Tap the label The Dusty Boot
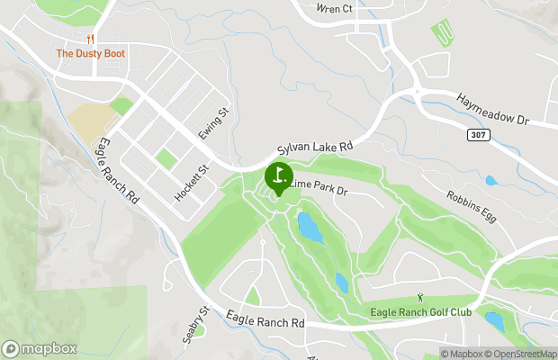[90, 54]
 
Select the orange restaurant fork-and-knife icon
[90, 39]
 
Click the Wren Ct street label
[335, 9]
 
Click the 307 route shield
[478, 133]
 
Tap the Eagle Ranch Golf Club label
[420, 312]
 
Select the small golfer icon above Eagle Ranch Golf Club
[420, 298]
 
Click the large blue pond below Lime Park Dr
[309, 228]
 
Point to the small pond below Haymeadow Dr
[490, 181]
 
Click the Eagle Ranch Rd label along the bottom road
[265, 319]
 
